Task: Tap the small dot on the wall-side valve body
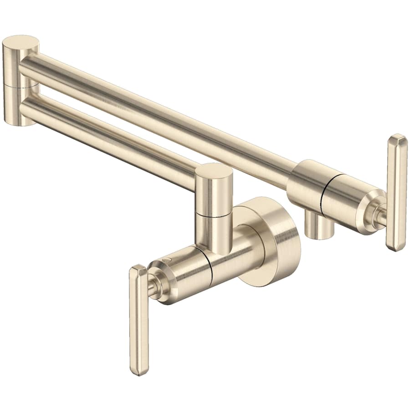coord(169,259)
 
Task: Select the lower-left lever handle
coord(139,319)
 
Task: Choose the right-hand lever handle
coord(396,191)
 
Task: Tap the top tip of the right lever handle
coord(397,137)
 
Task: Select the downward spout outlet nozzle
coord(319,228)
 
